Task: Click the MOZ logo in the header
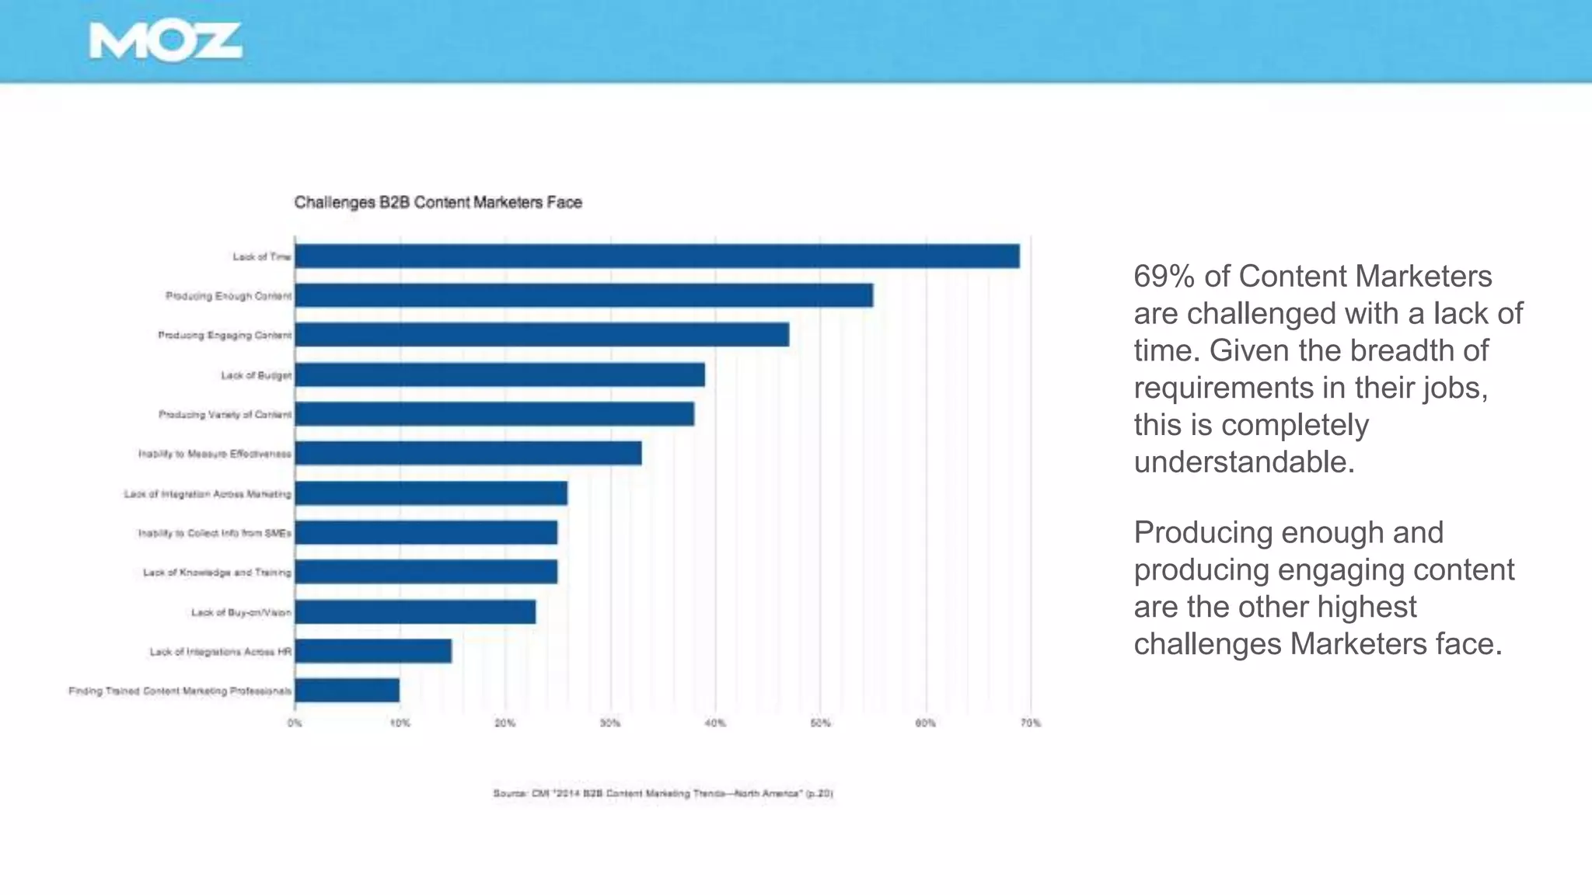coord(165,41)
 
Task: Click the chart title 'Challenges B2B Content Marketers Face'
coord(438,203)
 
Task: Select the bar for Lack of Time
coord(657,256)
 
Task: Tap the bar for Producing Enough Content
coord(583,295)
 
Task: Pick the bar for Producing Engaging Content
coord(542,335)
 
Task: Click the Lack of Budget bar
coord(500,374)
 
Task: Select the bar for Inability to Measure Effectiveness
coord(468,454)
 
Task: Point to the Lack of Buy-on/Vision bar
coord(415,612)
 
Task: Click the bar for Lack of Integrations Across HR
coord(373,651)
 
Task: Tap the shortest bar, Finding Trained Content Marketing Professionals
coord(347,691)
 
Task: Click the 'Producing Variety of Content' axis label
coord(225,415)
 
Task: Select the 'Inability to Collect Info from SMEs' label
coord(215,533)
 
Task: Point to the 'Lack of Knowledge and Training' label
coord(217,573)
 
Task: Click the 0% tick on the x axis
coord(295,723)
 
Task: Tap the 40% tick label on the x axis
coord(715,723)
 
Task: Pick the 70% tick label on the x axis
coord(1031,723)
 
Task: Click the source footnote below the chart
coord(663,794)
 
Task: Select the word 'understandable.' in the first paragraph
coord(1244,462)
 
